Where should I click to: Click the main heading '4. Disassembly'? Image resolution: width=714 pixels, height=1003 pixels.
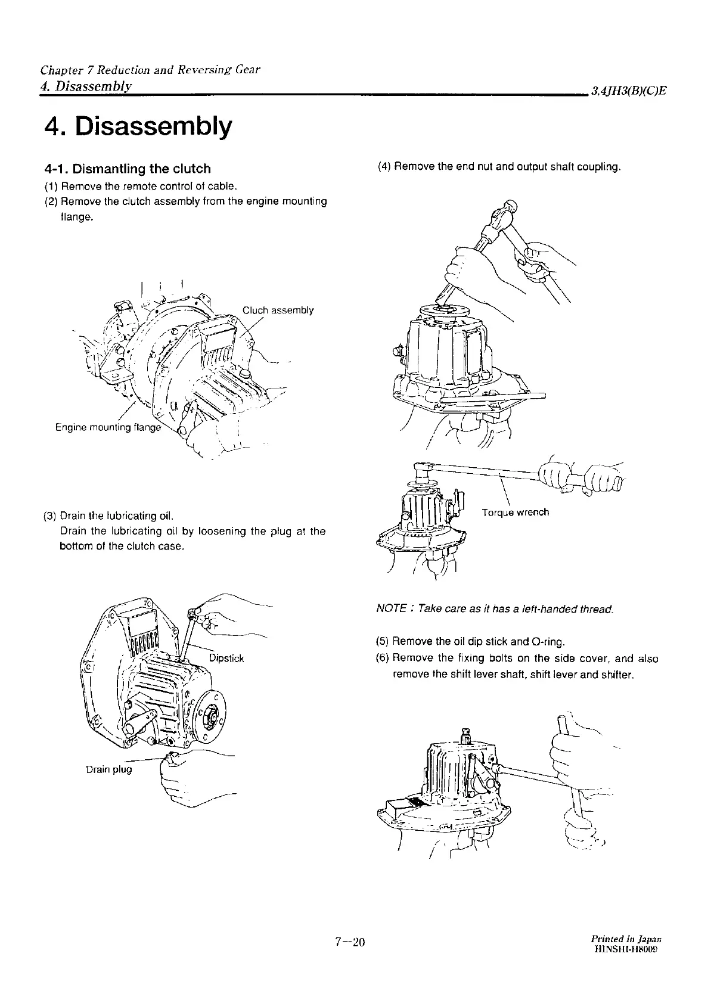pos(138,128)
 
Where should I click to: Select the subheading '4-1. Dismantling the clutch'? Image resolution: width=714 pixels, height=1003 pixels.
pos(128,169)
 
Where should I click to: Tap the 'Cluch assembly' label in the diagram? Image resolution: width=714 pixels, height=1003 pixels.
pos(278,310)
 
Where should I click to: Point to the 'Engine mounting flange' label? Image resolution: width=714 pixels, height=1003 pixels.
pos(108,427)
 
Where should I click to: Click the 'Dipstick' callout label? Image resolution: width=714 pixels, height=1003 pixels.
pos(226,659)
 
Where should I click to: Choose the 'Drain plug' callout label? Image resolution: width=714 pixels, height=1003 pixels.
pos(109,769)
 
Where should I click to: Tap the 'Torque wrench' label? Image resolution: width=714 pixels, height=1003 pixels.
pos(516,512)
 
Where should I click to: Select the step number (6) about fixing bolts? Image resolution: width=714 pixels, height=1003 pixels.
pos(383,659)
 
